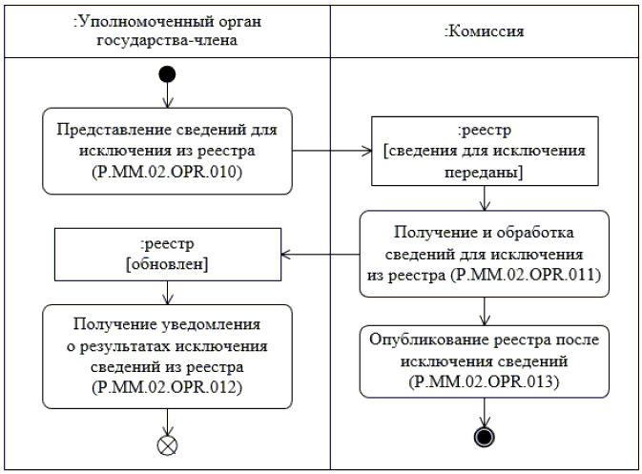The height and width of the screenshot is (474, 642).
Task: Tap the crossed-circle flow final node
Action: [168, 443]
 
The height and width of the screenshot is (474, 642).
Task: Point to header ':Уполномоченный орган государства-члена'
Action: [167, 31]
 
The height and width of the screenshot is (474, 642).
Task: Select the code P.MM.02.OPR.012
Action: [167, 386]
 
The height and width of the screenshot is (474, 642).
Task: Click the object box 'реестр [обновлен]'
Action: [167, 255]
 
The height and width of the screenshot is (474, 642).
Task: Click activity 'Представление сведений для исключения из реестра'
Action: [167, 151]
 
